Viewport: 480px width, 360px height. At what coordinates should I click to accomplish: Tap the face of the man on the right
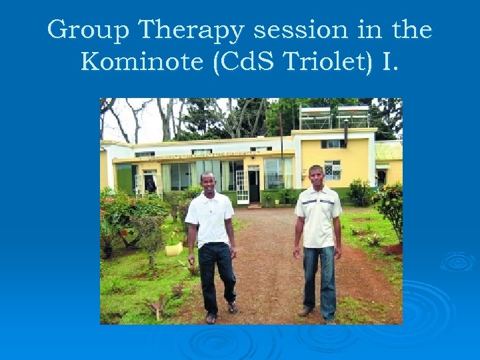[318, 177]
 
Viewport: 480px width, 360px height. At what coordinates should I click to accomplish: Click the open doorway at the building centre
[254, 187]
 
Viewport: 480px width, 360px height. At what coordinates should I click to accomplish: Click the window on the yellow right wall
[332, 170]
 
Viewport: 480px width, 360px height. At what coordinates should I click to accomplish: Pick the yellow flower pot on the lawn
[174, 248]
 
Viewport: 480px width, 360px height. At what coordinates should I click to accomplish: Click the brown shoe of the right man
[305, 311]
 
